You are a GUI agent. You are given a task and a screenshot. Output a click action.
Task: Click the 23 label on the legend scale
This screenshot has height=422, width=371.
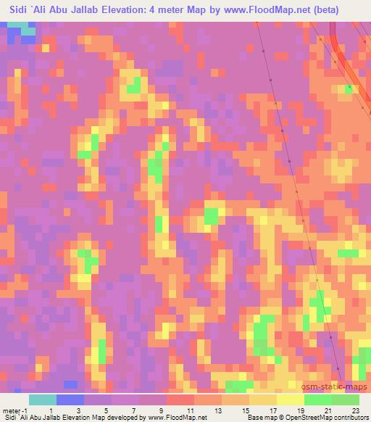pyautogui.click(x=356, y=410)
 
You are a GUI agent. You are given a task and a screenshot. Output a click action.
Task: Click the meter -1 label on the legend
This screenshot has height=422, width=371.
pyautogui.click(x=15, y=410)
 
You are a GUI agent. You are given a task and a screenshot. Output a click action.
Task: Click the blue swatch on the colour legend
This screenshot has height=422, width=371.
pyautogui.click(x=70, y=400)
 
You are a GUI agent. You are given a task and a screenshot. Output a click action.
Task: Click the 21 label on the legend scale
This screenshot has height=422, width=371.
pyautogui.click(x=328, y=410)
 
